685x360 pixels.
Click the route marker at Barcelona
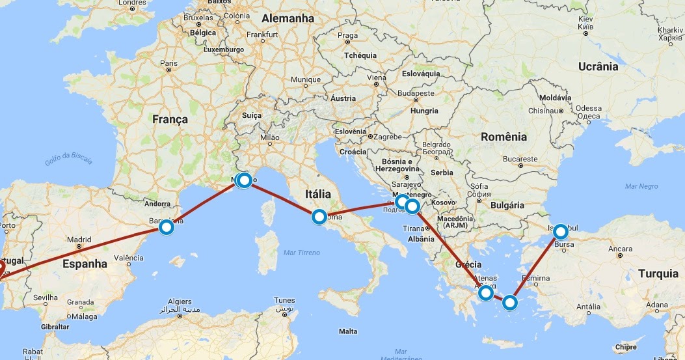click(167, 227)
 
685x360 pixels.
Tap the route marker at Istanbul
click(559, 231)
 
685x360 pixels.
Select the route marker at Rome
click(319, 217)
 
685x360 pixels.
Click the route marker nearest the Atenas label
click(485, 293)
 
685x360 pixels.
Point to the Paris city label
click(168, 63)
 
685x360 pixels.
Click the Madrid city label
click(79, 239)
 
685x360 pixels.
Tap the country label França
click(170, 119)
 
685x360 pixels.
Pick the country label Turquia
click(658, 273)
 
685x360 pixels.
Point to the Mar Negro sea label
click(641, 186)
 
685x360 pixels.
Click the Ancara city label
click(620, 249)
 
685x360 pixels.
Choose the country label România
click(504, 137)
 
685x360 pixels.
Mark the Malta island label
click(347, 331)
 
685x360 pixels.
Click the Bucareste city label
click(520, 159)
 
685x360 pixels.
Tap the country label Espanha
click(85, 264)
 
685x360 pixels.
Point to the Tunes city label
click(284, 301)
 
